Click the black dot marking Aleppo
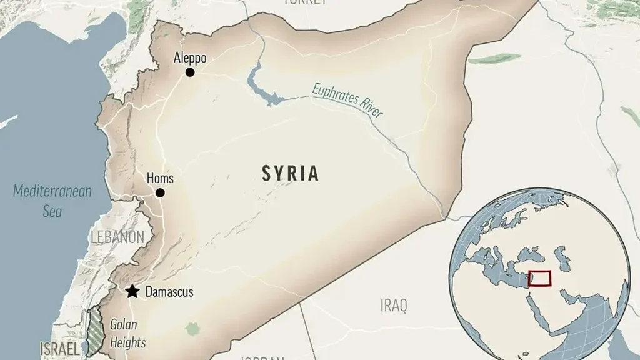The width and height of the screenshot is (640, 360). point(190,72)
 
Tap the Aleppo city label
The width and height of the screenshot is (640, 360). point(190,58)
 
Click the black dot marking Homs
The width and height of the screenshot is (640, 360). point(160,193)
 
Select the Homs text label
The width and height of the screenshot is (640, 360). point(160,179)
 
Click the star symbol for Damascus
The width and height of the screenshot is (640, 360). point(132,292)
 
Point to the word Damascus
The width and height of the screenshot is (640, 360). point(169,292)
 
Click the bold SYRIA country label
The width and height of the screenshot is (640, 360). point(291,174)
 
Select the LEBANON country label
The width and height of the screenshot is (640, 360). point(117,237)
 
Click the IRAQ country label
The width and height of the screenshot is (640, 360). point(394,306)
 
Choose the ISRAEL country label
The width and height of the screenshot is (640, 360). point(60,349)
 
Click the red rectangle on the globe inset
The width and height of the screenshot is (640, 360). point(539,278)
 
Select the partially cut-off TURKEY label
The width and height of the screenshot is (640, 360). point(304,2)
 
